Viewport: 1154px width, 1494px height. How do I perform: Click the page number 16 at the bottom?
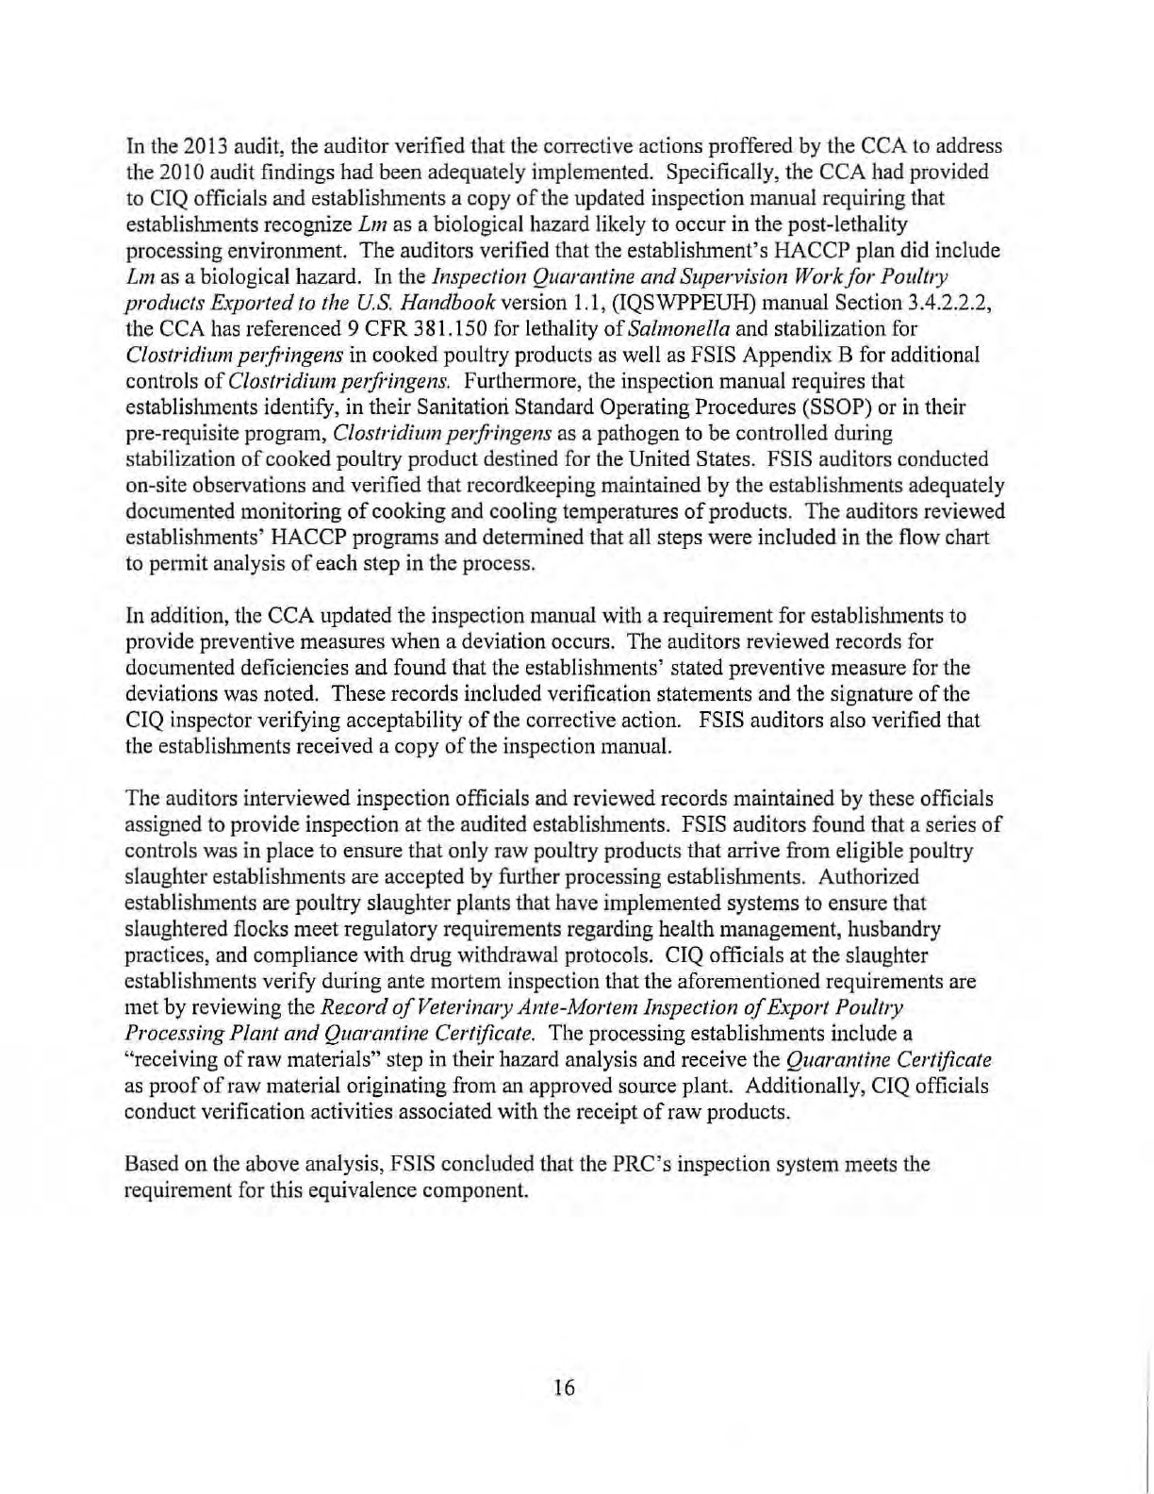tap(565, 1386)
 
